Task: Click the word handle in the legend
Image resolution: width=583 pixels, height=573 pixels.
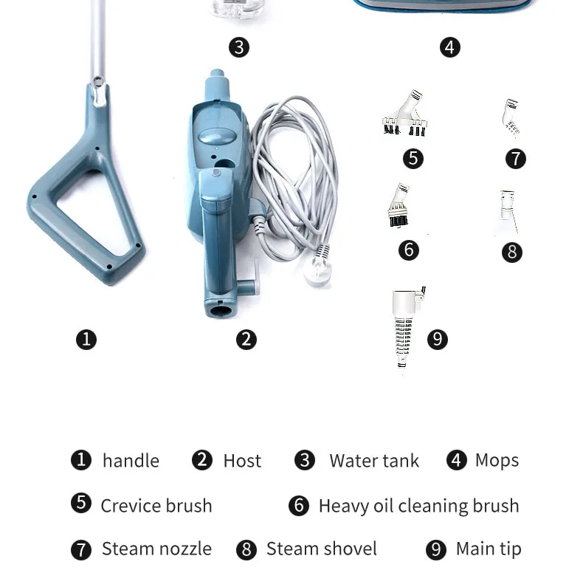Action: (131, 461)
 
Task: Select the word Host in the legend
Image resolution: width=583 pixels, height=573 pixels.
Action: (242, 461)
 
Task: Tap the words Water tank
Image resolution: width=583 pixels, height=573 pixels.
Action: (374, 461)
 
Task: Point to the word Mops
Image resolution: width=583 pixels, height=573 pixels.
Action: (497, 461)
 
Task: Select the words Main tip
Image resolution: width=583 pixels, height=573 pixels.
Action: (489, 549)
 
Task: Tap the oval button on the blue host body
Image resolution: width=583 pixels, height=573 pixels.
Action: (217, 136)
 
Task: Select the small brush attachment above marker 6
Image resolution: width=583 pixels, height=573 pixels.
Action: (399, 205)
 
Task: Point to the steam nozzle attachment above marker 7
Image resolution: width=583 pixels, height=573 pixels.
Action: (511, 117)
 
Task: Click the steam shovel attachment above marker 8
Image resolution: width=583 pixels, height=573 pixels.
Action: (507, 212)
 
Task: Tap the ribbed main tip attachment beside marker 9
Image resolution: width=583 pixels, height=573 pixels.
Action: (406, 326)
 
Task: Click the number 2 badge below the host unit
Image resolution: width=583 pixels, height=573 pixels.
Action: (246, 340)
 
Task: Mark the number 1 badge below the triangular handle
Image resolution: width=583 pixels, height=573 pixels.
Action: (86, 340)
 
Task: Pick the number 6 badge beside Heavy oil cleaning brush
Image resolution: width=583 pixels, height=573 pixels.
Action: (299, 506)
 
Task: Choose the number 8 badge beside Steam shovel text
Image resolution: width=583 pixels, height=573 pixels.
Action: (246, 550)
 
